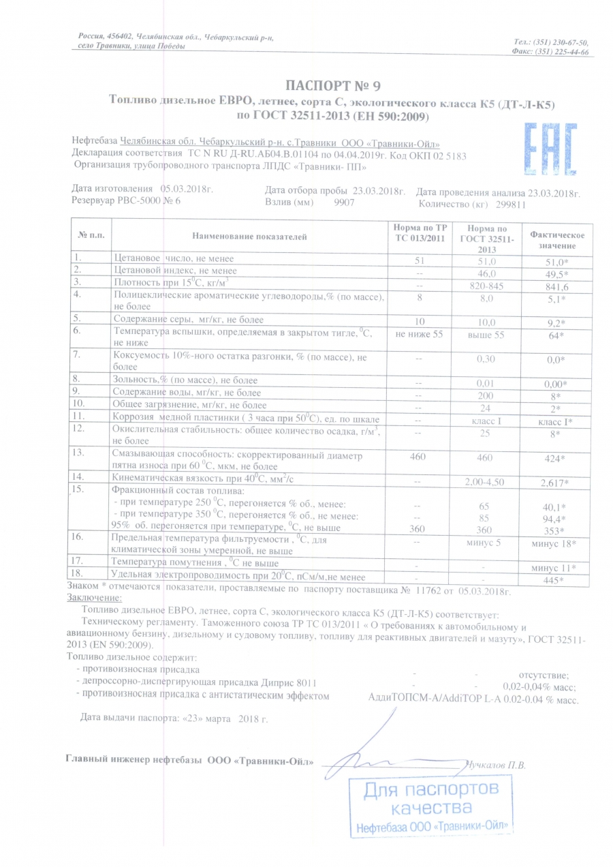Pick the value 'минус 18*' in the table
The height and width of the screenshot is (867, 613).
554,543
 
